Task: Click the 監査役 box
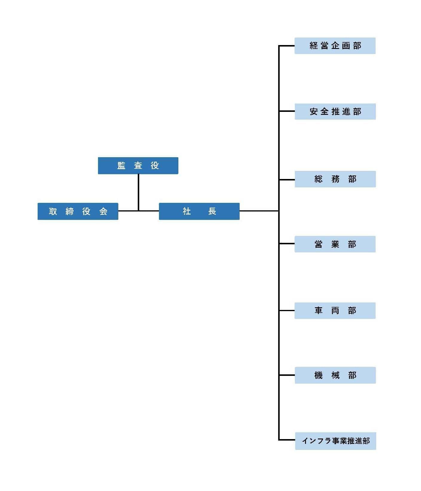[x=138, y=166]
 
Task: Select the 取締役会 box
[x=78, y=211]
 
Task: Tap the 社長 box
[x=199, y=211]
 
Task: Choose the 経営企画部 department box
[x=335, y=46]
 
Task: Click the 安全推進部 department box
[x=335, y=112]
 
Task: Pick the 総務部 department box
[x=335, y=179]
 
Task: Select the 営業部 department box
[x=335, y=244]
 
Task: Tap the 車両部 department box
[x=335, y=311]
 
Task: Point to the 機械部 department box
[x=335, y=375]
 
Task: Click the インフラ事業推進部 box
[x=336, y=441]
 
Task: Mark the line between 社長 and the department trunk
[x=259, y=211]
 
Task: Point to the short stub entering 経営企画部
[x=287, y=46]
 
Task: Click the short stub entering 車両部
[x=287, y=311]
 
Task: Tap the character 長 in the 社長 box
[x=212, y=211]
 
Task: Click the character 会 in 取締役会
[x=103, y=211]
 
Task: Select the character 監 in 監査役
[x=121, y=166]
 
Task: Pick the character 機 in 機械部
[x=319, y=375]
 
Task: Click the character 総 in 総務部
[x=319, y=179]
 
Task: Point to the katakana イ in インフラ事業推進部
[x=305, y=441]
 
